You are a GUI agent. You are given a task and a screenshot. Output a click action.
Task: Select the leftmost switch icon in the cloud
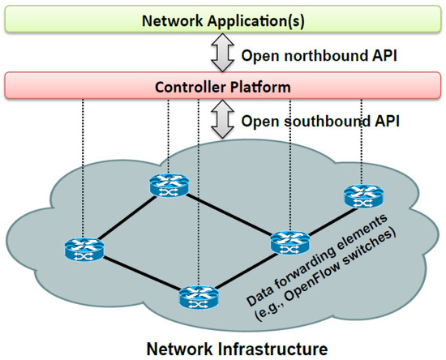(x=83, y=249)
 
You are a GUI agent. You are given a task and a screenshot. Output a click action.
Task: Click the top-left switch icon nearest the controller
(x=162, y=186)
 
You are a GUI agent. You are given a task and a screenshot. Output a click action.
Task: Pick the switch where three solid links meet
(x=288, y=241)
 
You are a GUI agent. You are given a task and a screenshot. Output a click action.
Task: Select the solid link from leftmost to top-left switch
(x=122, y=217)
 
